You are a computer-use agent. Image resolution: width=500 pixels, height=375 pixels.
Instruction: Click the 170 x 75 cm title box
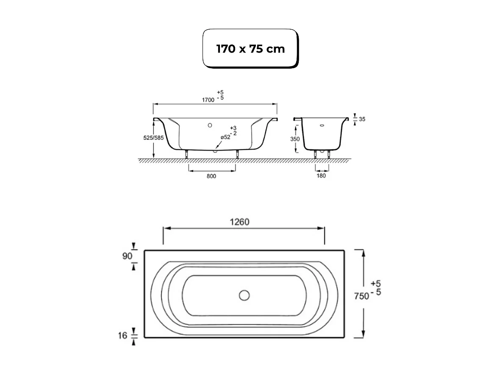[x=250, y=48]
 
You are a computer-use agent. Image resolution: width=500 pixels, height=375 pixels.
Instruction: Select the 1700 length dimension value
[x=208, y=100]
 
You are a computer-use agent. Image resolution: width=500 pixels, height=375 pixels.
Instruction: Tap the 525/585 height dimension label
[x=153, y=138]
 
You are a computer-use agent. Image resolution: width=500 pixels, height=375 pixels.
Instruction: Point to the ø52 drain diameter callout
[x=225, y=137]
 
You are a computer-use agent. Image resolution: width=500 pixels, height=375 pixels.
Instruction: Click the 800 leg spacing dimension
[x=211, y=176]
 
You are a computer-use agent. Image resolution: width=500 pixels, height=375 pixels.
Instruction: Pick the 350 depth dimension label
[x=295, y=139]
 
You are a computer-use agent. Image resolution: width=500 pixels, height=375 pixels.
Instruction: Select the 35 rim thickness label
[x=362, y=119]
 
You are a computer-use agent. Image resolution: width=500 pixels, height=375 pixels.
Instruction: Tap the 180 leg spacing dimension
[x=321, y=176]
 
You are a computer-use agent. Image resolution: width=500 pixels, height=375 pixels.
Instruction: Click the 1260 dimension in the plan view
[x=239, y=222]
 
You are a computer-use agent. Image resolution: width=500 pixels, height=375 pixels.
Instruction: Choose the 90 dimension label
[x=127, y=256]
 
